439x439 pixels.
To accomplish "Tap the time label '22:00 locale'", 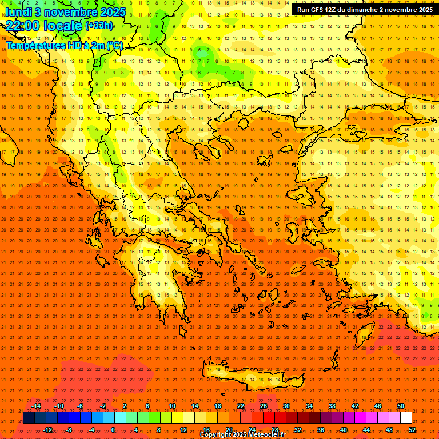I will (x=44, y=26).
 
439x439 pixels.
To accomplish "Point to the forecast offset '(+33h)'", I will (x=98, y=26).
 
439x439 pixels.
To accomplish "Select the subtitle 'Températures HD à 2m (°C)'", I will (x=64, y=45).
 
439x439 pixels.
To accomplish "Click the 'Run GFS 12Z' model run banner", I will (x=365, y=10).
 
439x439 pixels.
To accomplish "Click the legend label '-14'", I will (x=36, y=406).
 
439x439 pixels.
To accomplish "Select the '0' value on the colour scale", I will (x=113, y=430).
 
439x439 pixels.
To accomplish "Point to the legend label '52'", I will (x=412, y=430).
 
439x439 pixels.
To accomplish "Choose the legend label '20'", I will (x=229, y=430).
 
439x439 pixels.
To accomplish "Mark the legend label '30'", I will (x=286, y=406).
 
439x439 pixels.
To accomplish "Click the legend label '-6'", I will (x=81, y=406).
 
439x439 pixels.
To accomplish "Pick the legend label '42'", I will (x=354, y=406).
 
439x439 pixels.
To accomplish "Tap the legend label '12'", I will (x=183, y=430).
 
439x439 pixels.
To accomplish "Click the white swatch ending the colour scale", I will (x=406, y=418).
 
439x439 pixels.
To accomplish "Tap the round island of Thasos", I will (x=242, y=123).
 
